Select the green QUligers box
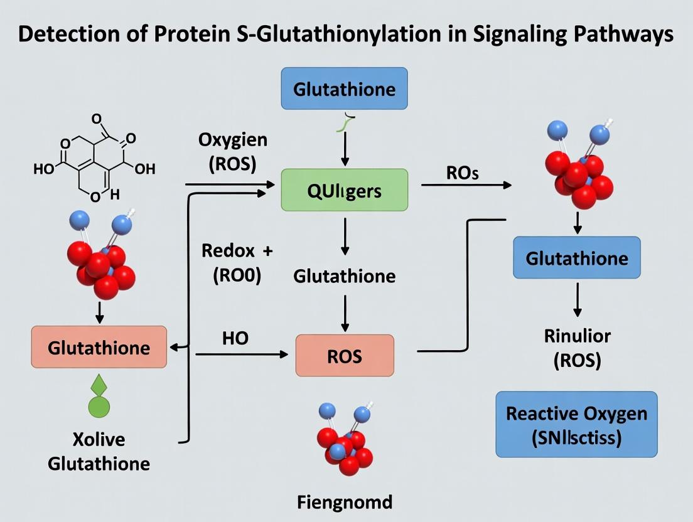[x=345, y=189]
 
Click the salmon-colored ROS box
[x=345, y=356]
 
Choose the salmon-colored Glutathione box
[x=99, y=347]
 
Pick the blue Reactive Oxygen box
[x=576, y=424]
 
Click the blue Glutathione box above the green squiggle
[x=345, y=88]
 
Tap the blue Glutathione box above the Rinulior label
[x=576, y=258]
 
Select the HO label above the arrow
[x=235, y=338]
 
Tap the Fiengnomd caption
[x=345, y=502]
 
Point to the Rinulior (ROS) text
[x=576, y=348]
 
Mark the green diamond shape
[x=99, y=384]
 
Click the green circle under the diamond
[x=99, y=407]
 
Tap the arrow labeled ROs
[x=465, y=185]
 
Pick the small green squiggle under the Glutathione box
[x=343, y=124]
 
